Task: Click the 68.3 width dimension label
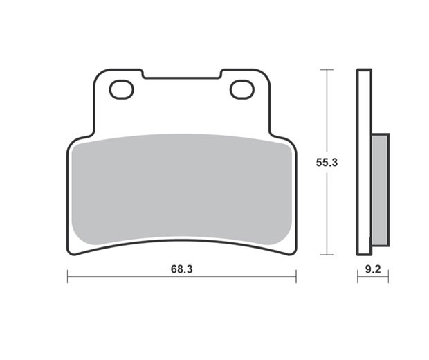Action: click(182, 269)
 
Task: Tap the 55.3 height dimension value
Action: click(327, 163)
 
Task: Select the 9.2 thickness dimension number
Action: click(373, 270)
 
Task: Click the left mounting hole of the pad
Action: click(122, 89)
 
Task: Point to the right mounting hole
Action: click(242, 89)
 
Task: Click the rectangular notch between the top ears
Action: click(182, 75)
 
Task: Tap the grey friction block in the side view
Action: click(381, 190)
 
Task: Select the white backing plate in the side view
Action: click(364, 162)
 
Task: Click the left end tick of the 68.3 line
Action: click(68, 276)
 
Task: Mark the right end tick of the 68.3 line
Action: click(296, 276)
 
